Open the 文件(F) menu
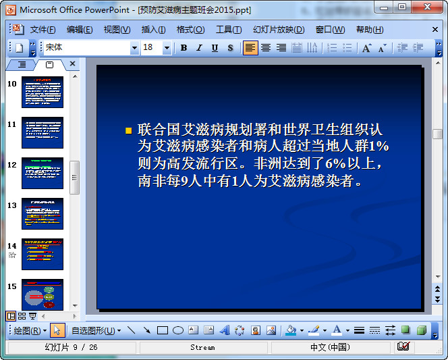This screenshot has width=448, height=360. click(43, 30)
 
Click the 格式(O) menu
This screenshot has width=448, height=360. click(190, 30)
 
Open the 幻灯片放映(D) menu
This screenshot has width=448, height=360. click(279, 30)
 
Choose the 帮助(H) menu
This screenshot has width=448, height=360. click(370, 30)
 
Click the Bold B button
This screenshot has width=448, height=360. click(184, 48)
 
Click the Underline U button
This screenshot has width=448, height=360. click(215, 48)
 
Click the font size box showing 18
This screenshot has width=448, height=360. click(151, 48)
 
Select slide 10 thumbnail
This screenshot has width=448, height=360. click(43, 92)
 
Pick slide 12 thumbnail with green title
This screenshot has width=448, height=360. click(43, 173)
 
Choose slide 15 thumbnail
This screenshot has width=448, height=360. click(43, 294)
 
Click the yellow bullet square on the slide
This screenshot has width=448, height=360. click(128, 130)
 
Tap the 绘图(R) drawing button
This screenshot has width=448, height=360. click(30, 330)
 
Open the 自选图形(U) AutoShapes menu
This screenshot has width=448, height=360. click(96, 330)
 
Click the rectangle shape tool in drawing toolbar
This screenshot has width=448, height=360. click(163, 330)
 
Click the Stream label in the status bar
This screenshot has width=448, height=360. click(202, 347)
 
